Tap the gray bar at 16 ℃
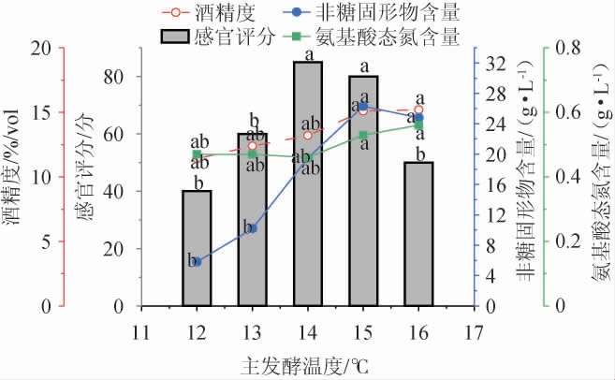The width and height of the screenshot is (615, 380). [x=418, y=234]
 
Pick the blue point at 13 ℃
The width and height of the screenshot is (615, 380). [x=252, y=227]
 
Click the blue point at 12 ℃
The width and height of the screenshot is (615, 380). [x=197, y=262]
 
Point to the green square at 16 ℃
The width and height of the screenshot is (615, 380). [x=418, y=124]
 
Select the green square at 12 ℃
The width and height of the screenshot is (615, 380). [x=197, y=155]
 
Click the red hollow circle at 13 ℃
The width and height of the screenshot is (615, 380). [x=252, y=145]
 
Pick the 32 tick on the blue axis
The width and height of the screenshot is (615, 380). [x=497, y=64]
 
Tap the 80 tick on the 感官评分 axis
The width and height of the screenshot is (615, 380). [x=114, y=77]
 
